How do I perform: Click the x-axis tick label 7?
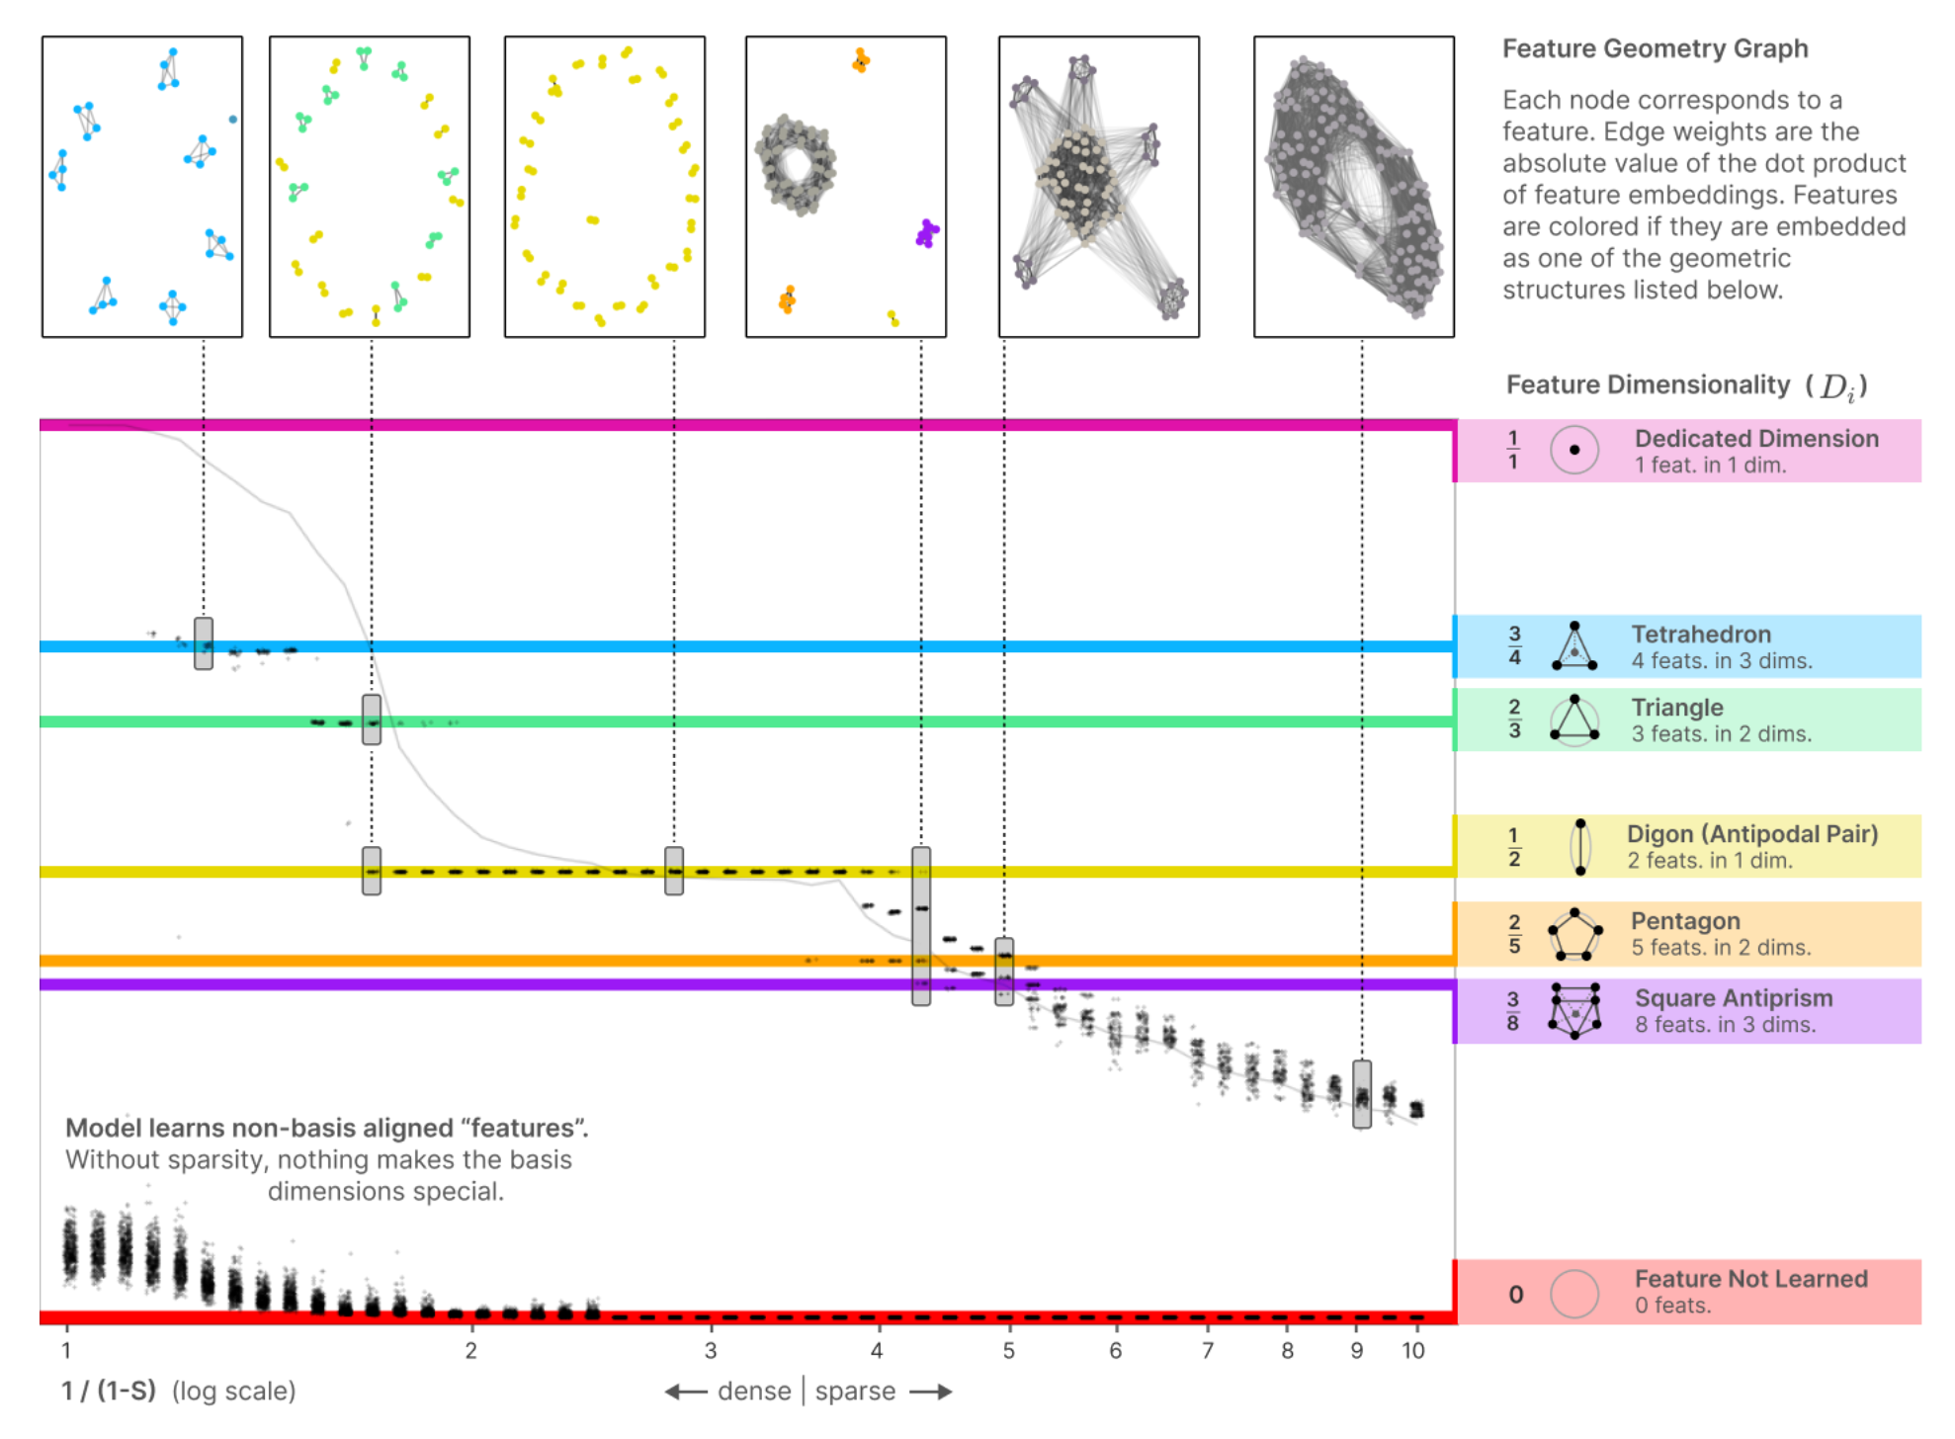[x=1207, y=1351]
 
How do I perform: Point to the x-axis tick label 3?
[x=710, y=1351]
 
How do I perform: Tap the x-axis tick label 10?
[x=1413, y=1351]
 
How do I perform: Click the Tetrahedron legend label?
[x=1701, y=635]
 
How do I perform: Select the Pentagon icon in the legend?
[x=1574, y=934]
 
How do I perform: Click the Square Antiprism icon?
[x=1574, y=1010]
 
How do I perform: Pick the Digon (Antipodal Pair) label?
[x=1752, y=834]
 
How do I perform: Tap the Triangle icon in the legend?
[x=1574, y=719]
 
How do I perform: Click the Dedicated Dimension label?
[x=1756, y=439]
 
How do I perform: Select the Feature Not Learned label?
[x=1750, y=1279]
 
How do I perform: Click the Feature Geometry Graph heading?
[x=1656, y=48]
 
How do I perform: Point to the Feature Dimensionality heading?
[x=1686, y=385]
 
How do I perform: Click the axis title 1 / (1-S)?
[x=109, y=1392]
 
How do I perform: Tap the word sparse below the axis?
[x=855, y=1392]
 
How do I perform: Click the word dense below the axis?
[x=754, y=1392]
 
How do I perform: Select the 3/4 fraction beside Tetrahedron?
[x=1514, y=645]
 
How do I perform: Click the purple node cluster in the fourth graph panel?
[x=927, y=233]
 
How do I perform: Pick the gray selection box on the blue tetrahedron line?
[x=204, y=643]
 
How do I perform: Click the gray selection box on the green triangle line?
[x=372, y=719]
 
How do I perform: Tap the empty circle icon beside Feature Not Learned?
[x=1574, y=1294]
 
